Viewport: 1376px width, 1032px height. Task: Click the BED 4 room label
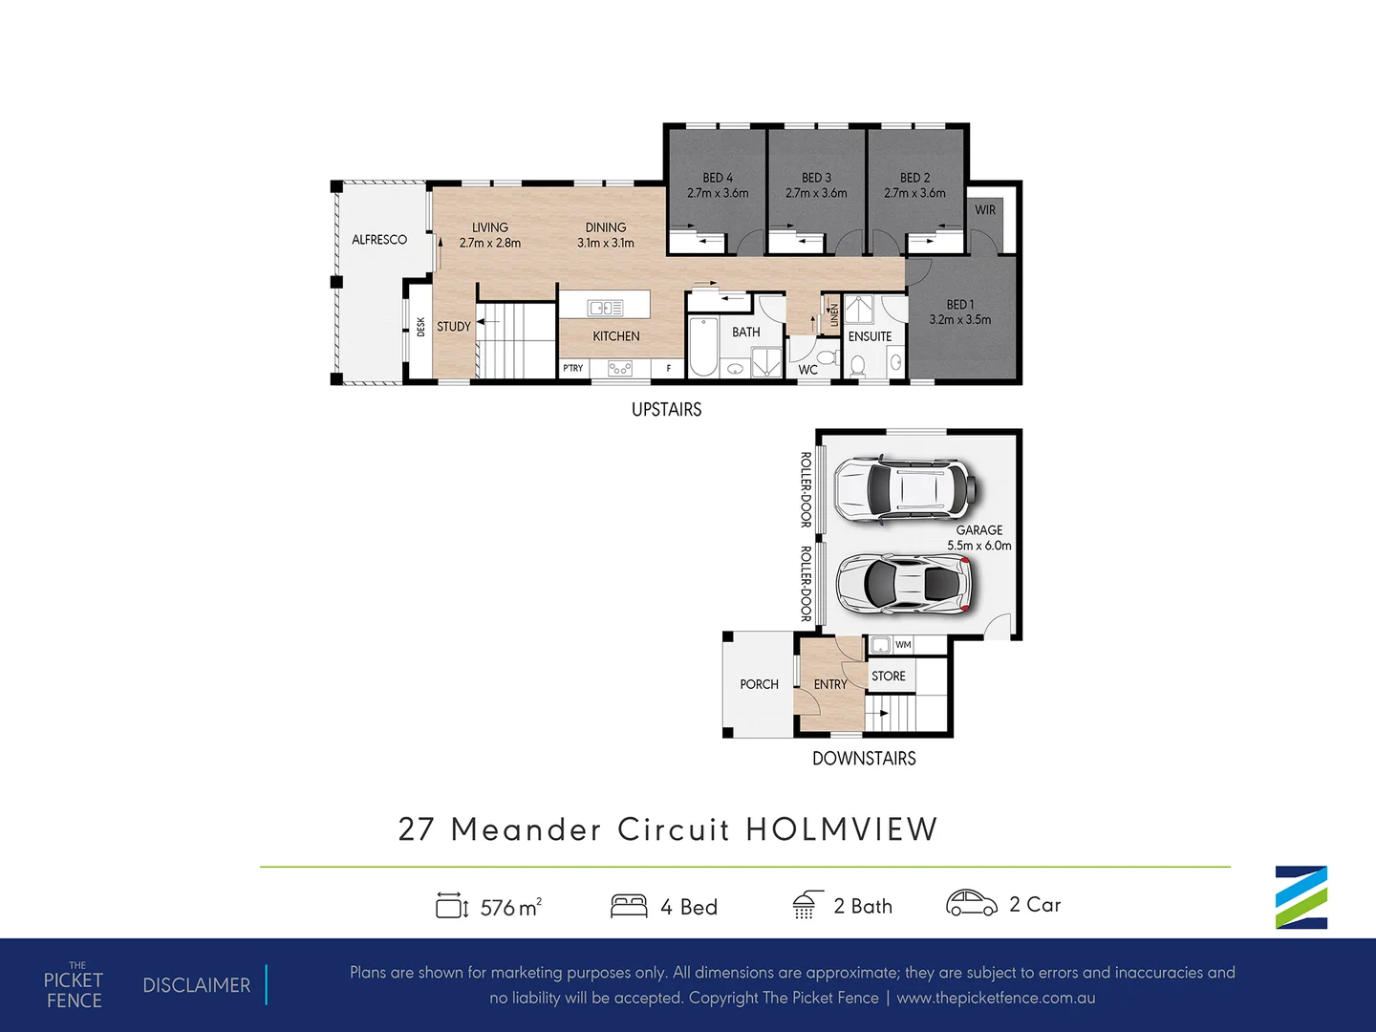(x=718, y=178)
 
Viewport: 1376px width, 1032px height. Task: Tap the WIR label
(x=985, y=210)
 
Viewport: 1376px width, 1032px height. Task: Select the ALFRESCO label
(x=379, y=239)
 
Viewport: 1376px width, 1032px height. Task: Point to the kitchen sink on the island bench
(x=605, y=308)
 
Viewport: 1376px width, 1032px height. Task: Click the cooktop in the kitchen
(x=620, y=369)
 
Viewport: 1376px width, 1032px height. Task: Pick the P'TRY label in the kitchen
(x=573, y=368)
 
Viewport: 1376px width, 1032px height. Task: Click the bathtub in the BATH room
(x=702, y=347)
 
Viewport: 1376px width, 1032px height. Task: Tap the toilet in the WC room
(x=828, y=358)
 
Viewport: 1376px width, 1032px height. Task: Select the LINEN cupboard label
(x=834, y=315)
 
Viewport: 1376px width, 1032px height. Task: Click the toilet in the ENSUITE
(x=857, y=365)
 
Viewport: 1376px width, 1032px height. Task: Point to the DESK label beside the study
(x=420, y=327)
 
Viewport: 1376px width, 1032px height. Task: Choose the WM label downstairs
(x=903, y=644)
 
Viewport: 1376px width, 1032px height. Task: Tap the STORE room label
(x=889, y=677)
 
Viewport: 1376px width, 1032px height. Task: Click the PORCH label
(x=759, y=684)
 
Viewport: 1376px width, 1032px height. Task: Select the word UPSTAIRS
(x=666, y=410)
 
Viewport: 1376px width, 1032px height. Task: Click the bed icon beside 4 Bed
(x=629, y=906)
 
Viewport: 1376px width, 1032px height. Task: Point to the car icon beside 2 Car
(x=972, y=904)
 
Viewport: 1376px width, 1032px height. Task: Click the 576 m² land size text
(x=511, y=907)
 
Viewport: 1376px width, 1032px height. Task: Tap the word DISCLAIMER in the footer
(x=197, y=985)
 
